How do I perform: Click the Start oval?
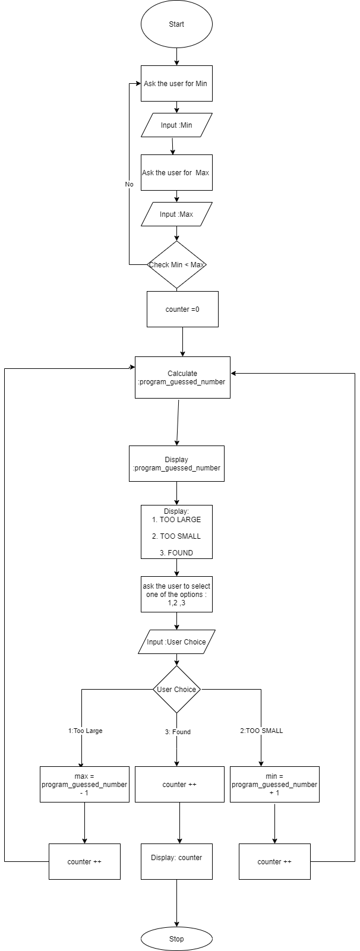pos(176,24)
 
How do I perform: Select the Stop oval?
pos(176,939)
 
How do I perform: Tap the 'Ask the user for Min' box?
pos(176,84)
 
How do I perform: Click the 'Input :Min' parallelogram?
pos(176,125)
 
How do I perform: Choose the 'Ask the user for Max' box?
pos(176,173)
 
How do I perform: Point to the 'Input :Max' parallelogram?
pos(176,214)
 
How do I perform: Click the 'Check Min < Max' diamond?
pos(176,265)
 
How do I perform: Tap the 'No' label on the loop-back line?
pos(129,185)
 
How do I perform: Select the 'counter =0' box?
pos(182,309)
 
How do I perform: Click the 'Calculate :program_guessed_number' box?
pos(182,378)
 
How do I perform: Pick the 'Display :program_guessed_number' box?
pos(176,464)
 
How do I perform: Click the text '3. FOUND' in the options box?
pos(176,552)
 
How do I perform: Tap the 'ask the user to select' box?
pos(176,595)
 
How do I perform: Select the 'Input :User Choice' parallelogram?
pos(176,642)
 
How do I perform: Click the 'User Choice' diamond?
pos(176,690)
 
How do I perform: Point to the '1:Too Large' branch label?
pos(85,731)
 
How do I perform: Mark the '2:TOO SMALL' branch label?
pos(261,731)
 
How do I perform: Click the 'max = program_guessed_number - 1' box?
pos(84,785)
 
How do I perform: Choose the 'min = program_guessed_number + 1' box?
pos(274,785)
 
